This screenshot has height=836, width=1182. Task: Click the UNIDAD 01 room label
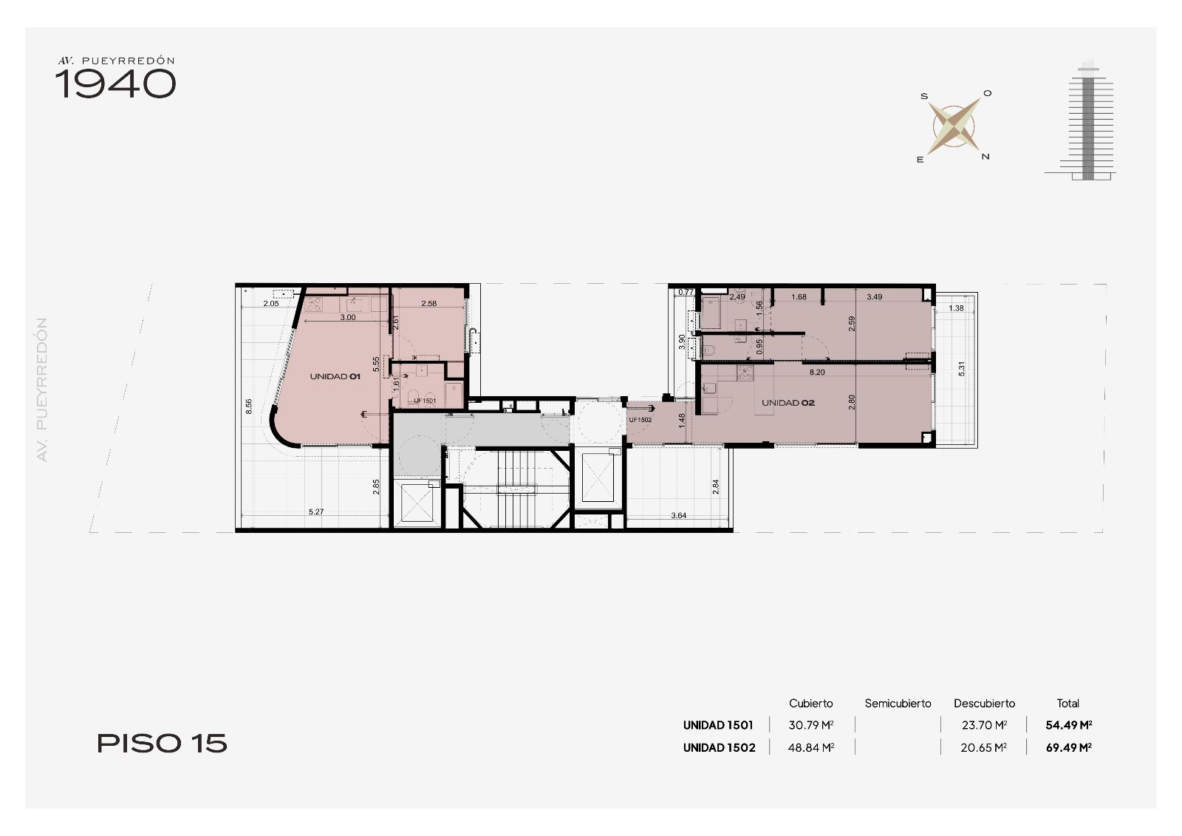(x=335, y=376)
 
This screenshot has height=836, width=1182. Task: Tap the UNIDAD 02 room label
(x=788, y=403)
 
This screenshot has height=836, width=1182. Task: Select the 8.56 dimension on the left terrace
(x=249, y=406)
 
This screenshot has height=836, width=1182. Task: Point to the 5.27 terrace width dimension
(x=316, y=512)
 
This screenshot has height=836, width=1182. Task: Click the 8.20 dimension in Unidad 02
(x=817, y=373)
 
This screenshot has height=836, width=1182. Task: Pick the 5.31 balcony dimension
(x=961, y=369)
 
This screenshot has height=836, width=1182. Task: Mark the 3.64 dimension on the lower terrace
(x=679, y=515)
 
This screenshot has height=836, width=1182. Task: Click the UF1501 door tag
(x=425, y=401)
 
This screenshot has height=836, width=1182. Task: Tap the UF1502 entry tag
(x=640, y=420)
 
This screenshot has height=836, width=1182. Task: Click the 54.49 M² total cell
(x=1068, y=725)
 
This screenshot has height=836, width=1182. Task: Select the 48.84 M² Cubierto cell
(x=811, y=747)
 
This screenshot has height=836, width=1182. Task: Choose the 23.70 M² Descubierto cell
(x=984, y=725)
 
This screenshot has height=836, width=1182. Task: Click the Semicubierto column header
(x=898, y=704)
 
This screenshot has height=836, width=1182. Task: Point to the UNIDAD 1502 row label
(x=720, y=747)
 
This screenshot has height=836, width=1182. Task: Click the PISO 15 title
(x=162, y=744)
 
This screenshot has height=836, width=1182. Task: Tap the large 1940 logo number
(x=115, y=84)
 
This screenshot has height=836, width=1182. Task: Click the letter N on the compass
(x=985, y=157)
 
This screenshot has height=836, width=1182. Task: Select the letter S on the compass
(x=924, y=96)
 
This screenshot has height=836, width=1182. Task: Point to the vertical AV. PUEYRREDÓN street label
(x=42, y=390)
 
